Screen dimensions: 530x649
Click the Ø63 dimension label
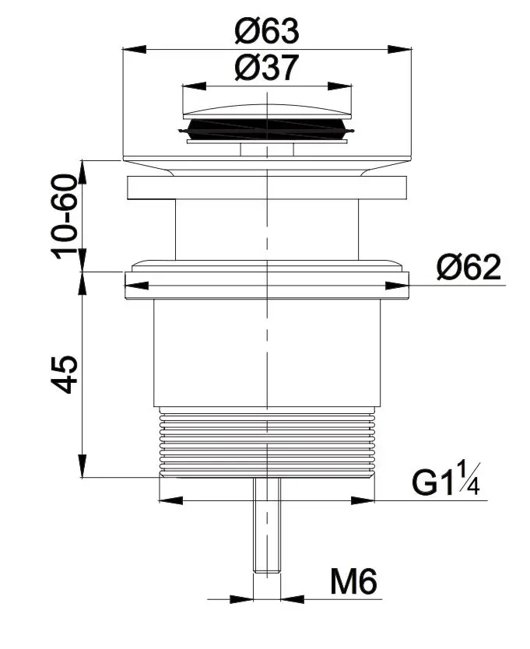pyautogui.click(x=267, y=30)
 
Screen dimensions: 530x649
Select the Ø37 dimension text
pyautogui.click(x=267, y=68)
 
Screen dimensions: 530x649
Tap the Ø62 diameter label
pyautogui.click(x=469, y=267)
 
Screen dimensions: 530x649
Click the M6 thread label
pyautogui.click(x=353, y=581)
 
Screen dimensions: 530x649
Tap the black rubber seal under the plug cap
pyautogui.click(x=267, y=128)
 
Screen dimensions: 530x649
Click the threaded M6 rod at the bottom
pyautogui.click(x=267, y=525)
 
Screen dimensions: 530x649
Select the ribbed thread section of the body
pyautogui.click(x=267, y=443)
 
